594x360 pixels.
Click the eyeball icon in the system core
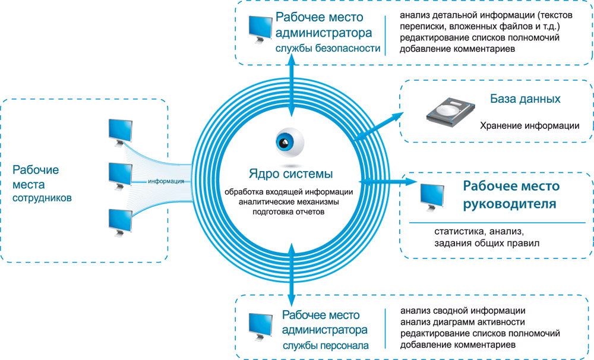pos(289,143)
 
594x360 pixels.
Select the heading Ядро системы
pos(290,174)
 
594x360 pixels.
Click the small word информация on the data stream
pos(166,181)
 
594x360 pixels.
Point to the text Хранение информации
pos(530,126)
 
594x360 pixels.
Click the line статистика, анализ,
pos(479,231)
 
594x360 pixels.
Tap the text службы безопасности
pos(327,49)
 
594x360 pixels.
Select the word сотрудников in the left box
pos(42,197)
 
